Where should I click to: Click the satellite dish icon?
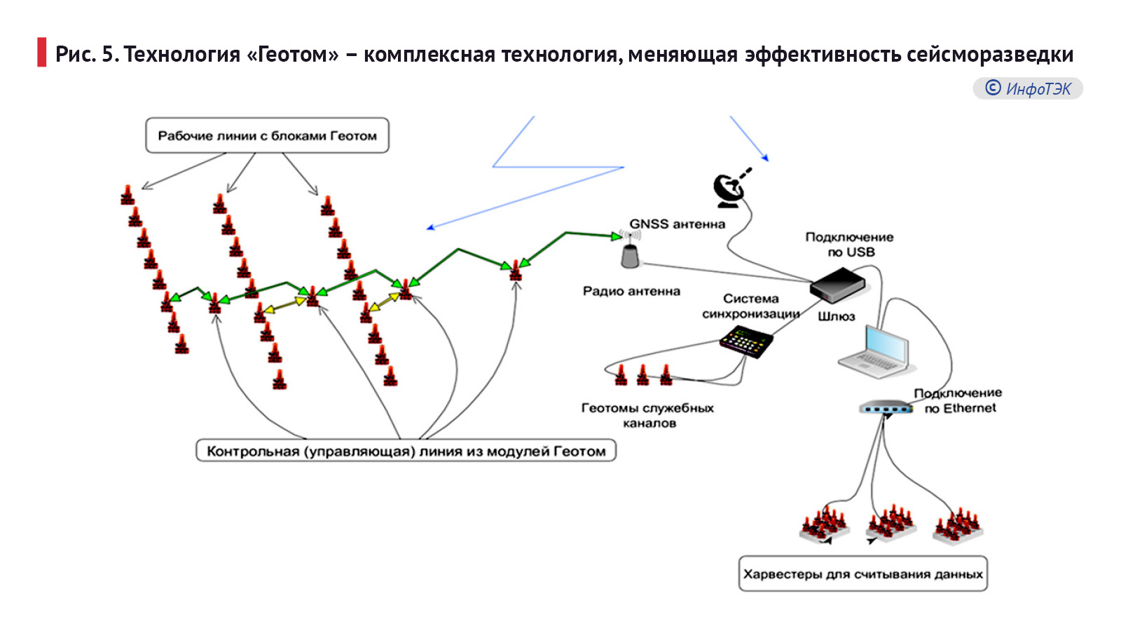[x=729, y=189]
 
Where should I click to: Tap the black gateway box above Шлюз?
[x=837, y=284]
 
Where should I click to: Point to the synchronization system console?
[x=746, y=341]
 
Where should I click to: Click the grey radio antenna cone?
[x=631, y=257]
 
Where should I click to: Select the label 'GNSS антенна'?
[x=677, y=224]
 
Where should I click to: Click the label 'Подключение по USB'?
[x=849, y=245]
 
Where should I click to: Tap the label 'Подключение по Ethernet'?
[x=958, y=401]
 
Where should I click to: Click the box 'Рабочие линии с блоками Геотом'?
[x=267, y=136]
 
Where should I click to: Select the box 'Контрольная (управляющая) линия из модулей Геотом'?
[x=406, y=451]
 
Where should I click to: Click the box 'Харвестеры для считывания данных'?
[x=862, y=574]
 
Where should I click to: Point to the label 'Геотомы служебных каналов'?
[x=647, y=415]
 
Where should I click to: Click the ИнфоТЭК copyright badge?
[x=1028, y=88]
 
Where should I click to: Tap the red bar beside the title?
[x=42, y=53]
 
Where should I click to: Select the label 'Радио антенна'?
[x=631, y=291]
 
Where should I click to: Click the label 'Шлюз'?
[x=836, y=316]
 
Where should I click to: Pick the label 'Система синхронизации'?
[x=750, y=306]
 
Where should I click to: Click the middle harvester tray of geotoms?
[x=890, y=524]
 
